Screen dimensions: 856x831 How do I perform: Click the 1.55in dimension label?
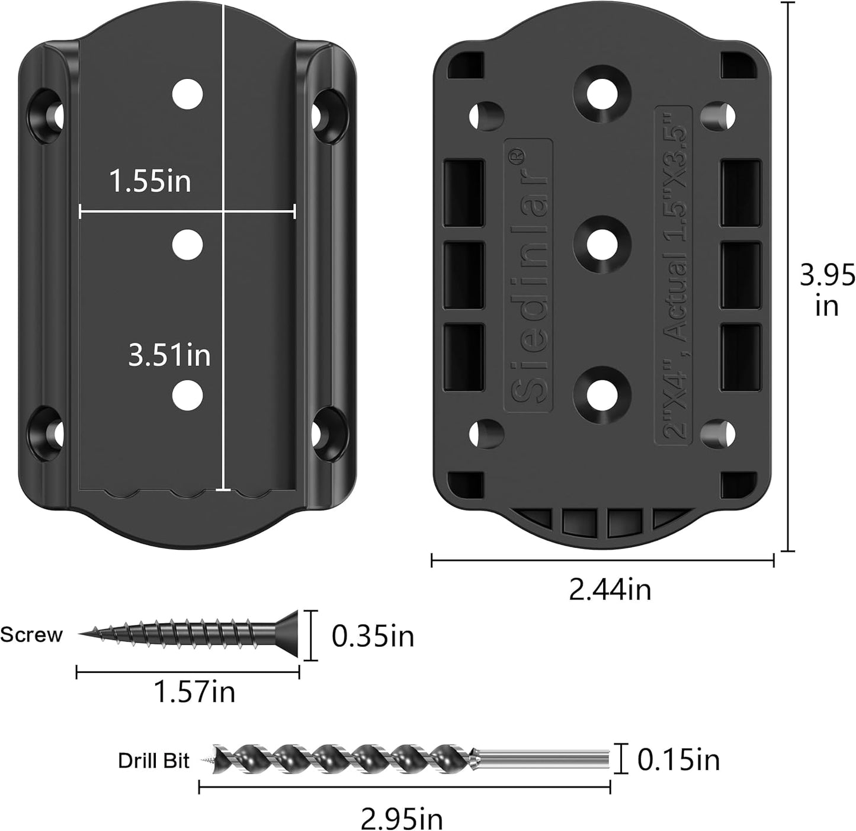[150, 181]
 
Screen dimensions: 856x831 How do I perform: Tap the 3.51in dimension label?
[169, 355]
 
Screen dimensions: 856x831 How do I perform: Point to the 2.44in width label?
[610, 589]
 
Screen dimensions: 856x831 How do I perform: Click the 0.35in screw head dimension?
[373, 636]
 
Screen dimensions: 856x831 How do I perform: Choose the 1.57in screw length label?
[194, 692]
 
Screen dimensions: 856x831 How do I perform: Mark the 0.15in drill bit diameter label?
[678, 760]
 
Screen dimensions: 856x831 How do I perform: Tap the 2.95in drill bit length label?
[402, 818]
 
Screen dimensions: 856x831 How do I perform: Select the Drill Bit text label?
[153, 761]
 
